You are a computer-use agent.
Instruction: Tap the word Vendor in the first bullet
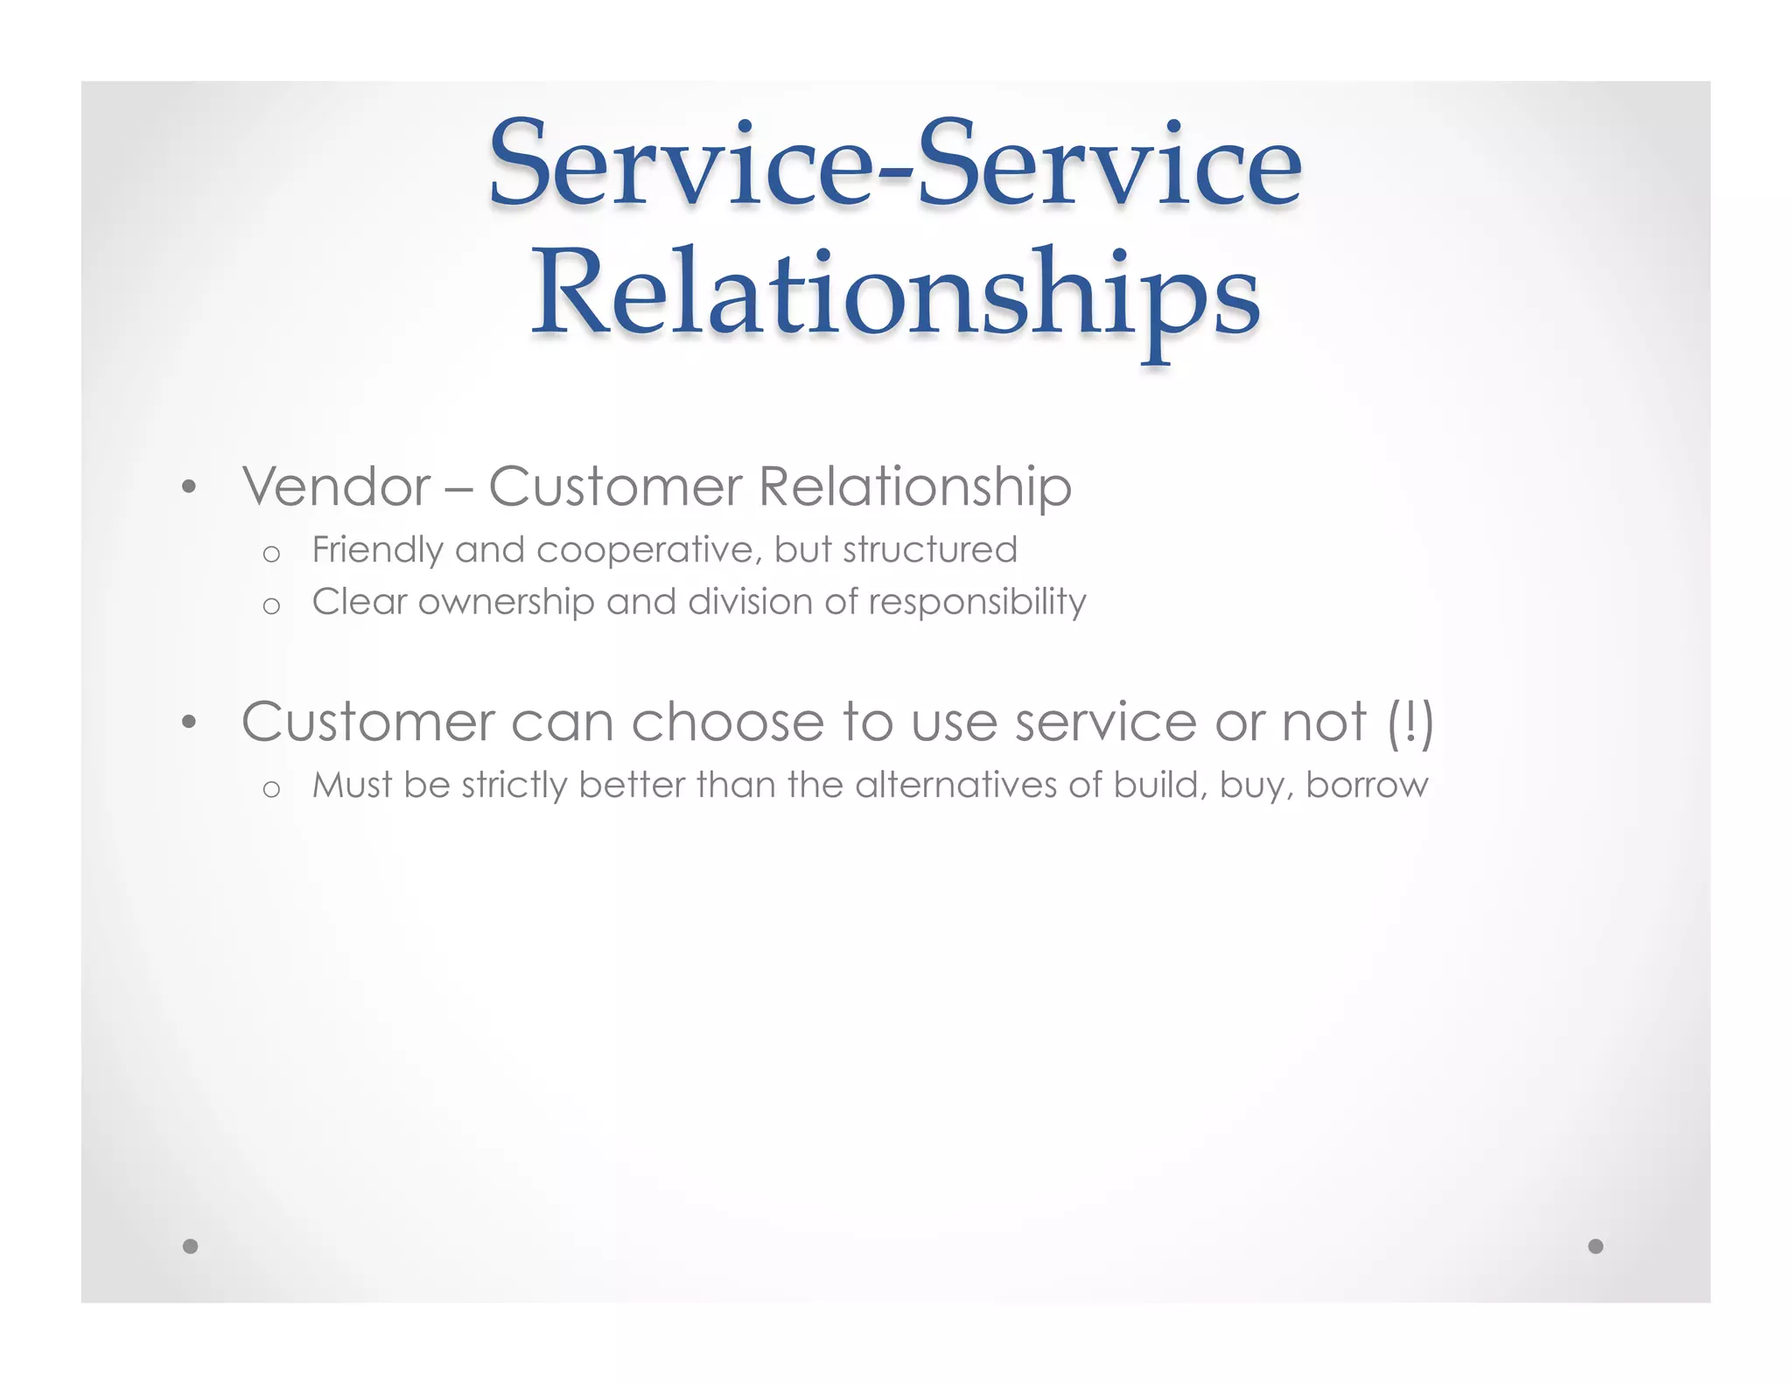click(337, 486)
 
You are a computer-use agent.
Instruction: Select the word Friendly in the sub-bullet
click(377, 550)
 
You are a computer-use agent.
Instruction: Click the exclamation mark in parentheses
click(1410, 723)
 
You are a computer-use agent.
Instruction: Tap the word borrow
click(1367, 786)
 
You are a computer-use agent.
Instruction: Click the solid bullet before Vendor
click(189, 487)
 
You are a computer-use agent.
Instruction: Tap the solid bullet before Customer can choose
click(189, 723)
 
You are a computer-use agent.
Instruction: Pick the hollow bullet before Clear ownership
click(271, 605)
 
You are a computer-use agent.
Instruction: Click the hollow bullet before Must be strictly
click(271, 789)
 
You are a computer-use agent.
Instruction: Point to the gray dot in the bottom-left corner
click(190, 1246)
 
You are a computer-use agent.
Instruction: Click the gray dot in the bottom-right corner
click(1595, 1246)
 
